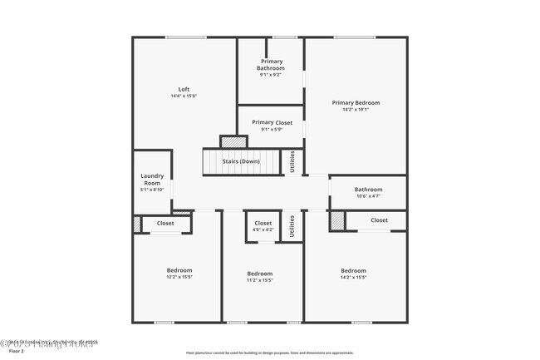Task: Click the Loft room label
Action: pos(184,89)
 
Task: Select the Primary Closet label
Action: pos(272,122)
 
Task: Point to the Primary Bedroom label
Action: pos(356,102)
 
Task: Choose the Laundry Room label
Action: pos(152,180)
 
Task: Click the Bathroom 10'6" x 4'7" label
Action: pos(368,190)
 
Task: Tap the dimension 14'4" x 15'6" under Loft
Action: pos(184,96)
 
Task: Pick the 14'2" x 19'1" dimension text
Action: pos(356,110)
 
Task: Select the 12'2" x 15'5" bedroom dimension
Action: pos(179,278)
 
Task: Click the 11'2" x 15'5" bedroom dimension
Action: pos(260,280)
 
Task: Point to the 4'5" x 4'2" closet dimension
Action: pos(263,230)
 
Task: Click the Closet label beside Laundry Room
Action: pos(165,223)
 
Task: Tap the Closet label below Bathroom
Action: pos(379,220)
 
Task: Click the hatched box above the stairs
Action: pos(233,141)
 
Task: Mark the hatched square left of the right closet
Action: pos(336,221)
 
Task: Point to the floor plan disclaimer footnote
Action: pos(270,353)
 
